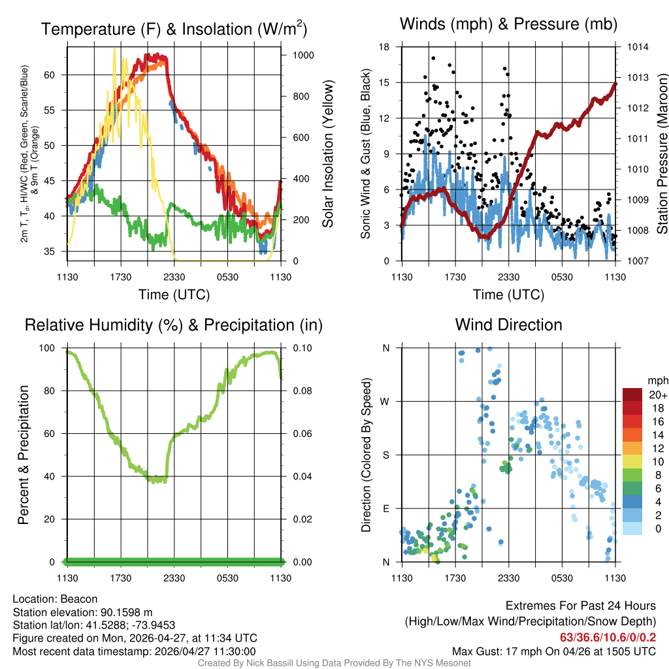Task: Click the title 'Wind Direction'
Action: coord(508,325)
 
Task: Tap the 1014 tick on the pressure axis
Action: coord(636,47)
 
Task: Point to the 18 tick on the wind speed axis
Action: coord(385,47)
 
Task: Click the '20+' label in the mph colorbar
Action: coord(657,395)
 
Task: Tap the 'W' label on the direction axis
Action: coord(385,401)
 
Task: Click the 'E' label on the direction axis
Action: coord(386,508)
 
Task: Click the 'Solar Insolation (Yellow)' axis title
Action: coord(327,154)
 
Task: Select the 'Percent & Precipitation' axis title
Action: coord(24,454)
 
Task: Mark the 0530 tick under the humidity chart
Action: coord(227,578)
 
